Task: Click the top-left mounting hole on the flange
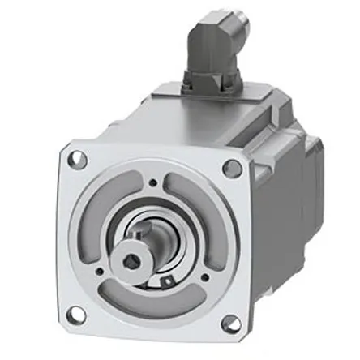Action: tap(79, 159)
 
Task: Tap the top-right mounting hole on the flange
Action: tap(232, 169)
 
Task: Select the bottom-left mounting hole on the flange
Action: tap(74, 311)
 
